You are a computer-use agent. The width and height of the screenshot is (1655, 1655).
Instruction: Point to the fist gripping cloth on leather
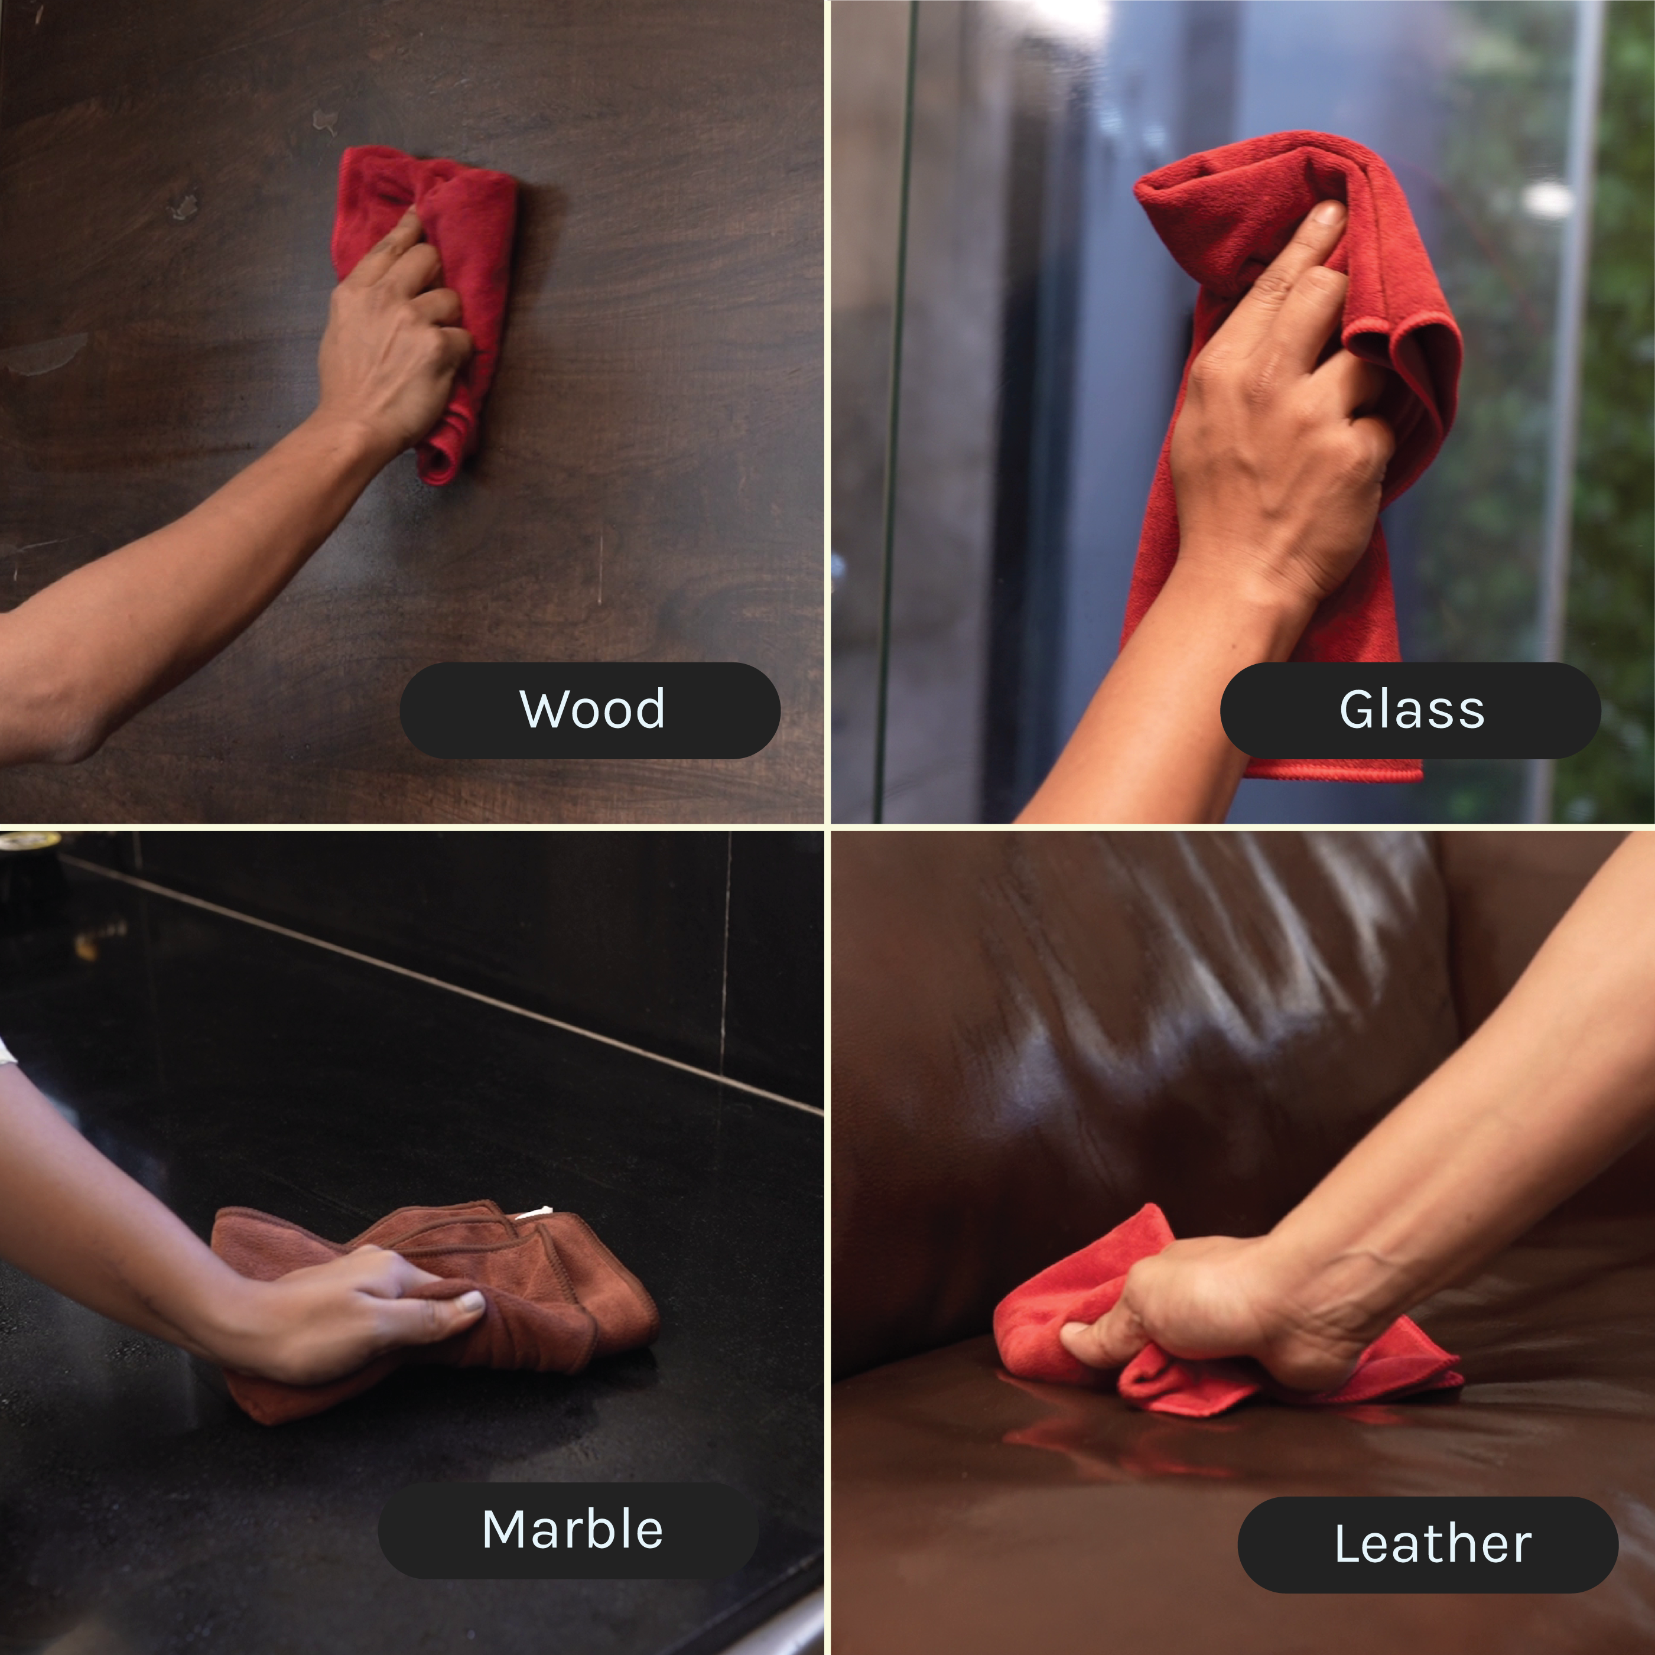click(1217, 1311)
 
